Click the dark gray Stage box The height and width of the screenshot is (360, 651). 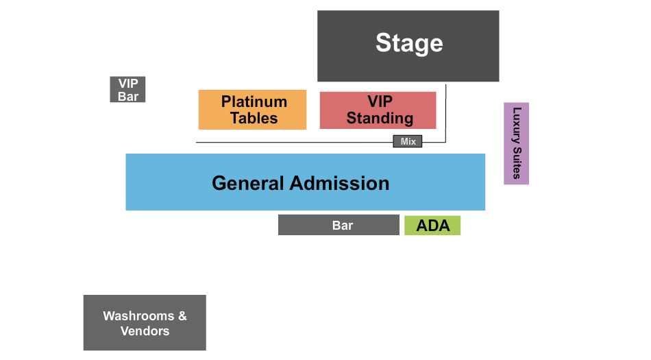408,46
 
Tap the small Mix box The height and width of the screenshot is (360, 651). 408,141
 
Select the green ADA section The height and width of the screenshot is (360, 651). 432,226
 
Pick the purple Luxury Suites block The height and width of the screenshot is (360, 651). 516,143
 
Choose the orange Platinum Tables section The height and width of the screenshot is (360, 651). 252,110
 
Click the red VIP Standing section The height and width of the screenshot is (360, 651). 378,110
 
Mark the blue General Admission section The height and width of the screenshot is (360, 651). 306,182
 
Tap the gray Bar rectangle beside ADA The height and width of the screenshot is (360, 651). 339,225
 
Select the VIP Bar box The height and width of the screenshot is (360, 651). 127,90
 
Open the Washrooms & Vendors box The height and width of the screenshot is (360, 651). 145,323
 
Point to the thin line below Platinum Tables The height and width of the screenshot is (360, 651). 278,143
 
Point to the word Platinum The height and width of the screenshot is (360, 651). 254,101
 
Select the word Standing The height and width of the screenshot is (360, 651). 380,118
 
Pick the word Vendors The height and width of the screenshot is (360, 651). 145,331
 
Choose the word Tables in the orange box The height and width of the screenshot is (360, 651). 254,118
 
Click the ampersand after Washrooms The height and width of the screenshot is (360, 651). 182,316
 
